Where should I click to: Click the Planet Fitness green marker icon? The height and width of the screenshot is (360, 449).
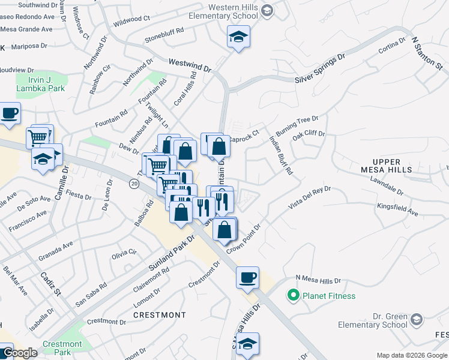coord(294,295)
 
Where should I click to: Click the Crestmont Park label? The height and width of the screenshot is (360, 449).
coord(62,348)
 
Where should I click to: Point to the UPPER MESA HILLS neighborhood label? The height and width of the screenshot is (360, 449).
coord(392,166)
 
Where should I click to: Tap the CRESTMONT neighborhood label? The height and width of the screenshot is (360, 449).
coord(159,315)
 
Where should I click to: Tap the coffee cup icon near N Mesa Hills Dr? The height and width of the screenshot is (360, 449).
coord(247,278)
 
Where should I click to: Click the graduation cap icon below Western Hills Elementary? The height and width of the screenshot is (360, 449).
coord(238,37)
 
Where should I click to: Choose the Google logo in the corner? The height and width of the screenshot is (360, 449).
coord(20,353)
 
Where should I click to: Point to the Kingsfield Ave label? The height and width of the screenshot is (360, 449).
coord(397,209)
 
